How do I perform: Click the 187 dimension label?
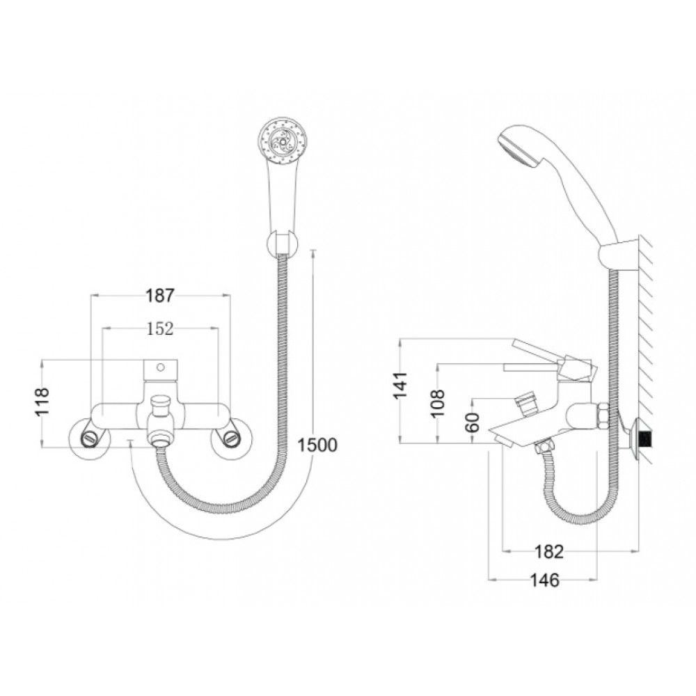click(160, 295)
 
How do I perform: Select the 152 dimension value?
click(160, 329)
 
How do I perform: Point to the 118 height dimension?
click(42, 402)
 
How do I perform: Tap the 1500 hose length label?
click(317, 445)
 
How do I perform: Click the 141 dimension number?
click(400, 385)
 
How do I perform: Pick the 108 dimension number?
click(438, 402)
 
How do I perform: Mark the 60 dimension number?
click(473, 422)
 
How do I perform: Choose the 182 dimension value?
click(548, 552)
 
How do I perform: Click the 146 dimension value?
click(545, 580)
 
